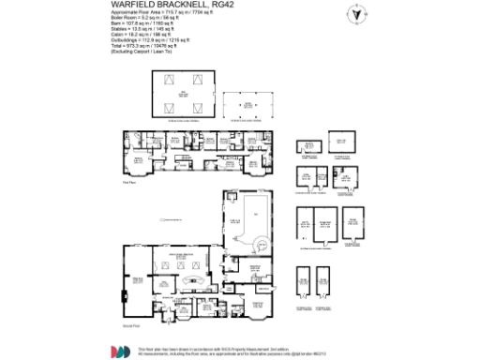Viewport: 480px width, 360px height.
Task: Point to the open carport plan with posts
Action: click(x=249, y=106)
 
